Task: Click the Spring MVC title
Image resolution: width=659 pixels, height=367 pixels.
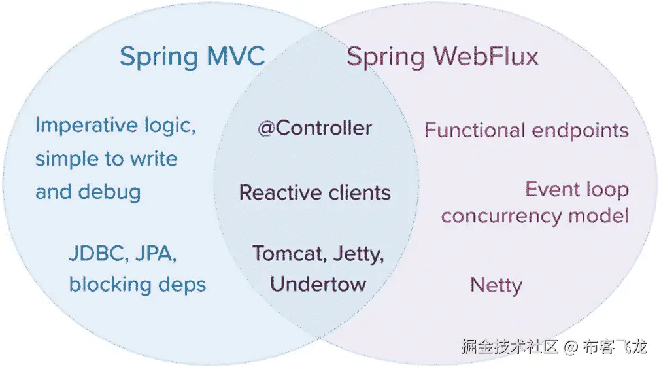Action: point(192,57)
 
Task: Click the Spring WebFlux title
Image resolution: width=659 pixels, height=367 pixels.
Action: point(443,57)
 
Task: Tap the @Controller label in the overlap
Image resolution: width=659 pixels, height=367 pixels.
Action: point(314,128)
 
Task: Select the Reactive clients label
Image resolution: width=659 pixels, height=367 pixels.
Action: point(314,193)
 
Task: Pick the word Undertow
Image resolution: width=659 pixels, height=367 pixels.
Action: point(318,285)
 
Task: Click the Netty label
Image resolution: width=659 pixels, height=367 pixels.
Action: point(496,286)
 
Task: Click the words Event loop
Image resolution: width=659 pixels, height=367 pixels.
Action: point(577,190)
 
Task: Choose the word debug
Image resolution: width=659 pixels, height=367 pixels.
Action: point(109,192)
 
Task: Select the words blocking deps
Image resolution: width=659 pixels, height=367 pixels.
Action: point(137,285)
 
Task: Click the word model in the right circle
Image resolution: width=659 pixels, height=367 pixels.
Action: point(600,217)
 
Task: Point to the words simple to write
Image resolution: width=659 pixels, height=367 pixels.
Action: point(106,159)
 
